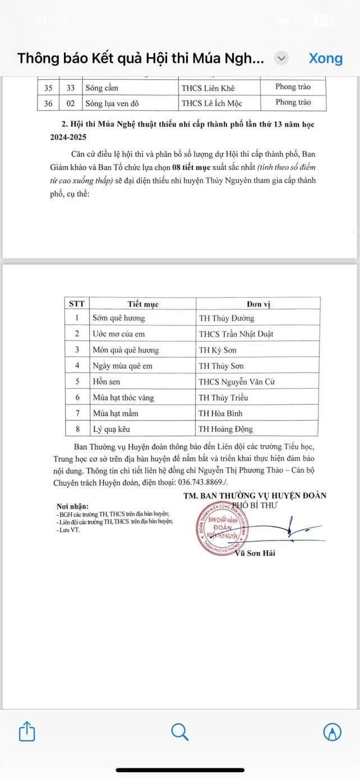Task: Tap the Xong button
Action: (x=325, y=58)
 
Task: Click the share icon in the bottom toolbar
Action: (x=27, y=732)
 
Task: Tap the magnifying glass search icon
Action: (x=179, y=732)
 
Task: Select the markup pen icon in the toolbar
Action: (x=333, y=732)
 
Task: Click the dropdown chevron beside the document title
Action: (x=281, y=58)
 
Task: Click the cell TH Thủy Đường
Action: (x=227, y=318)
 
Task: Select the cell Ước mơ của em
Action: (x=119, y=334)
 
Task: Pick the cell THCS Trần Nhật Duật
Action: (x=236, y=334)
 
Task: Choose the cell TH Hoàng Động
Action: (x=226, y=429)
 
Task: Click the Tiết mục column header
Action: (x=143, y=304)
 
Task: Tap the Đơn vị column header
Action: (x=259, y=304)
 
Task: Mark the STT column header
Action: (x=77, y=304)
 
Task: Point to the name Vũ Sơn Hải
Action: (x=255, y=554)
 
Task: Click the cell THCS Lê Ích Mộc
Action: (x=212, y=103)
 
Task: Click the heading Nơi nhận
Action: (x=72, y=506)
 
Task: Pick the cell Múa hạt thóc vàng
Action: (x=123, y=398)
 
